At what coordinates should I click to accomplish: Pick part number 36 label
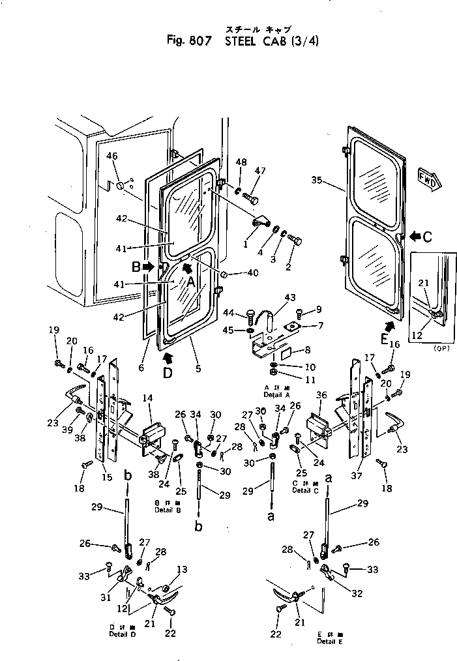(x=321, y=395)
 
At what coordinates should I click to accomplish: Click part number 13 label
(x=183, y=569)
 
